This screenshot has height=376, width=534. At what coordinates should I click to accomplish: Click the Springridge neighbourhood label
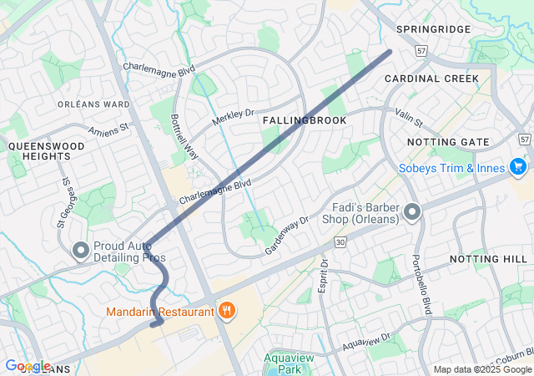433,29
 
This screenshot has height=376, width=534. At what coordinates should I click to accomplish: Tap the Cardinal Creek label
431,79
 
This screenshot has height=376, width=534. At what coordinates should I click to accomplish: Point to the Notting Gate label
448,142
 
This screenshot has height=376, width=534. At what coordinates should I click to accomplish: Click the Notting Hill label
488,260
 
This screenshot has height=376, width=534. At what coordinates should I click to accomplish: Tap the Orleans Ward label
93,104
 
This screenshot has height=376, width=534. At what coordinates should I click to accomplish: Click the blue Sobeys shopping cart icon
518,167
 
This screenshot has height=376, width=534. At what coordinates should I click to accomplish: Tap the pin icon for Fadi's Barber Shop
411,214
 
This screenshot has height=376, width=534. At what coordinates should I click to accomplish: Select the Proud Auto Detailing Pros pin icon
81,250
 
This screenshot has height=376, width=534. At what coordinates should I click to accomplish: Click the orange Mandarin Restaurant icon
226,312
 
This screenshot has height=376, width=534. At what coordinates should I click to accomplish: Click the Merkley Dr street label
232,119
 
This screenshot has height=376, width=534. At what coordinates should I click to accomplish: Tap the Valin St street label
409,123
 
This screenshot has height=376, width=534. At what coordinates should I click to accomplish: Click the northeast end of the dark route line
390,52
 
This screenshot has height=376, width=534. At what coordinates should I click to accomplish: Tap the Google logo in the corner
27,366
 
